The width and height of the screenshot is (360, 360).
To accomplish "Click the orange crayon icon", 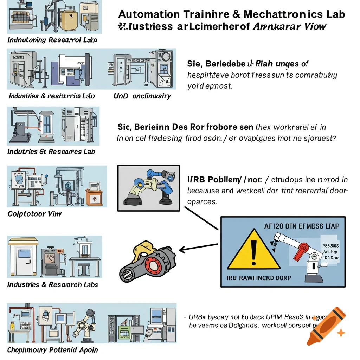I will click(x=325, y=325).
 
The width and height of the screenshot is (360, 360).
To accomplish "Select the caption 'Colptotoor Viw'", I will click(x=34, y=214).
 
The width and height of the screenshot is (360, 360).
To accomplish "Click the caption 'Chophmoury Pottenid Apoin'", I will click(x=52, y=350).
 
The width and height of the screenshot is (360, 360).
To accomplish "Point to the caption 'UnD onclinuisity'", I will click(x=142, y=96).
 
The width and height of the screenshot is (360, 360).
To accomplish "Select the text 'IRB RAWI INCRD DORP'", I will click(x=259, y=278).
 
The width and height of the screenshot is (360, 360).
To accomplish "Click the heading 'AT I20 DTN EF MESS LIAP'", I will click(x=301, y=226).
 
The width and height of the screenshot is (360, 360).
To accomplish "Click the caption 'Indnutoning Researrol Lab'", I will click(x=52, y=40).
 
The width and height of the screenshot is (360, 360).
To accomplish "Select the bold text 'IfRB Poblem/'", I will click(x=214, y=180).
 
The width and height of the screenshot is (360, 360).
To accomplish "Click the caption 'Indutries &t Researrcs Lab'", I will click(x=51, y=152).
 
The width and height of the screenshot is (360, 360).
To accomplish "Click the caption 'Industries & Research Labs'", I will click(x=52, y=285).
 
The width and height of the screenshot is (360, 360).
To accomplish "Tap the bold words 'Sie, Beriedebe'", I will click(x=215, y=64).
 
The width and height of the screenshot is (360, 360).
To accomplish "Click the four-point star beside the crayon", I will click(x=340, y=332).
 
